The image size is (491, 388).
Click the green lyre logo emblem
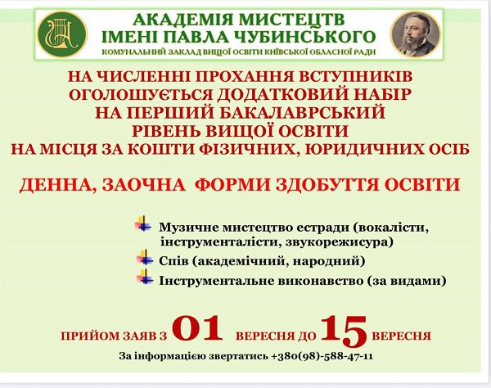tap(62, 34)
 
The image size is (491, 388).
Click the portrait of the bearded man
tap(416, 34)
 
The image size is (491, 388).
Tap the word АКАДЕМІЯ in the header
tap(182, 20)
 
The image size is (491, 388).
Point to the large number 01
tap(196, 328)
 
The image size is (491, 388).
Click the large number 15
tap(345, 331)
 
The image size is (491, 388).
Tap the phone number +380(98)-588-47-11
tap(322, 356)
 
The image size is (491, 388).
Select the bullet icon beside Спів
tap(145, 257)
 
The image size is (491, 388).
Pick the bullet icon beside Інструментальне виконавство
tap(145, 277)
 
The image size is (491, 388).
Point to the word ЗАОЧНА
tap(143, 185)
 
